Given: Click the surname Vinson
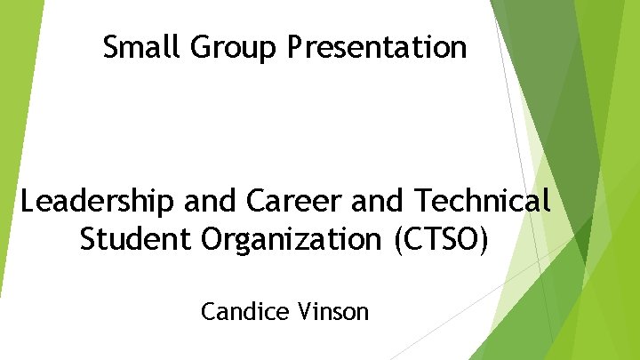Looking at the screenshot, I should [x=336, y=312].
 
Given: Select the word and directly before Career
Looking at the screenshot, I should [x=212, y=202].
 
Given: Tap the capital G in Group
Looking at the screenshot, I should [x=197, y=46].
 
